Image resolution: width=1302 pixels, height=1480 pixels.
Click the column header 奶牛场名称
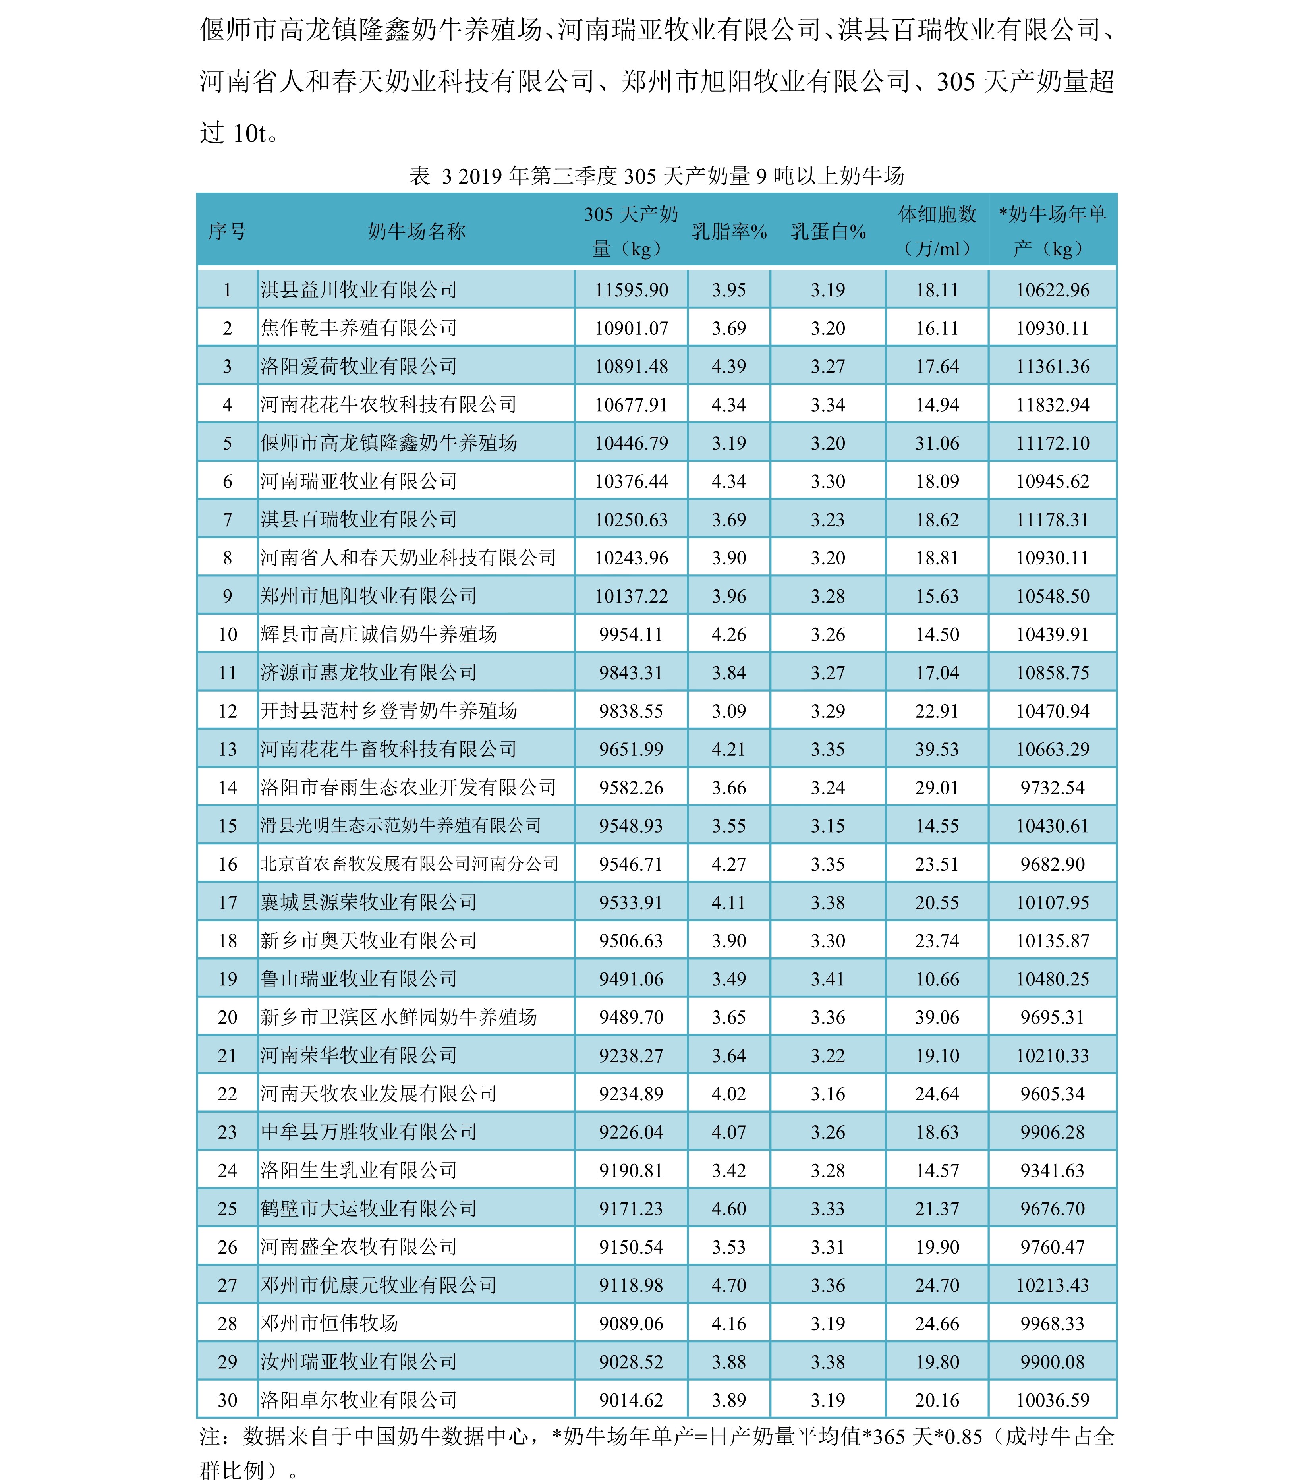click(x=416, y=232)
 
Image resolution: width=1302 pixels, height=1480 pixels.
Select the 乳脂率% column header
click(x=728, y=232)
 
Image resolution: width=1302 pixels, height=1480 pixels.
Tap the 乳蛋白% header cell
click(x=828, y=232)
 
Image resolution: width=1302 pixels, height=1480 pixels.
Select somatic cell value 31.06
click(x=937, y=443)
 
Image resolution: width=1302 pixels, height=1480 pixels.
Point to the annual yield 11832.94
click(x=1052, y=405)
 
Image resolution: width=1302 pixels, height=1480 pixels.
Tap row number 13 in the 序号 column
click(x=227, y=750)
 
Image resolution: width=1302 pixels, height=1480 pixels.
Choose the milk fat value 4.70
click(x=728, y=1285)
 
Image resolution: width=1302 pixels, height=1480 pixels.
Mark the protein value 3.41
click(x=828, y=979)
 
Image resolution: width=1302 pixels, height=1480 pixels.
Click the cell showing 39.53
click(x=937, y=750)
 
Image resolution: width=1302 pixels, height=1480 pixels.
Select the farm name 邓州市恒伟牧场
click(x=330, y=1323)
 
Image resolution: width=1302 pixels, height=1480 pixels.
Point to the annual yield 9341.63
click(x=1052, y=1171)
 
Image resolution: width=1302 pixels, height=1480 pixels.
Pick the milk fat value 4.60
click(x=728, y=1208)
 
